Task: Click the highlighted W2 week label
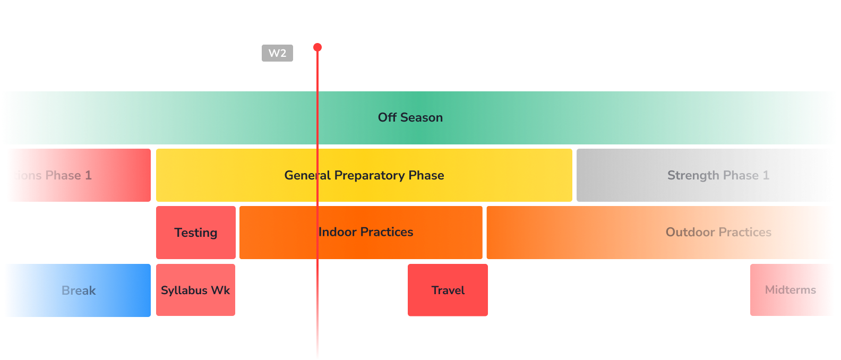pyautogui.click(x=277, y=53)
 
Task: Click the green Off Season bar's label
pyautogui.click(x=410, y=117)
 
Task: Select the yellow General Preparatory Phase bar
pyautogui.click(x=364, y=175)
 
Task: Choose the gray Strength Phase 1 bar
pyautogui.click(x=705, y=175)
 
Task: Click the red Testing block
pyautogui.click(x=195, y=233)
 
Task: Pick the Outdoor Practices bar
pyautogui.click(x=660, y=232)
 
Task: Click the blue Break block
pyautogui.click(x=78, y=290)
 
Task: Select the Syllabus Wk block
pyautogui.click(x=195, y=290)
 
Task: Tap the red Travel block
pyautogui.click(x=448, y=290)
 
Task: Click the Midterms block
pyautogui.click(x=791, y=290)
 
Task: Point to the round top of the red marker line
pyautogui.click(x=317, y=47)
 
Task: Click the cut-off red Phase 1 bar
pyautogui.click(x=79, y=175)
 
